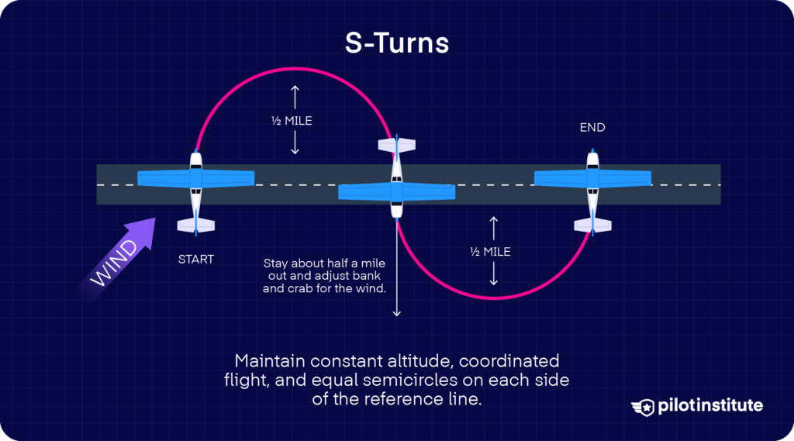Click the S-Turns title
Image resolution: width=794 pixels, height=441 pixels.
(397, 43)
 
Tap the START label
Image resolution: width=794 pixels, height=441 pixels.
(195, 259)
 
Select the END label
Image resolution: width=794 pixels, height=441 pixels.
(592, 127)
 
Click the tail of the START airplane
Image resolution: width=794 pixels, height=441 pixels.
(195, 225)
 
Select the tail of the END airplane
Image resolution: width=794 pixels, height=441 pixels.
(592, 225)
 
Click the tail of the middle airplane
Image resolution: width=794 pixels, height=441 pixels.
(397, 145)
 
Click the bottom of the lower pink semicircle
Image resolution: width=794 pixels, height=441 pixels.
(493, 298)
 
